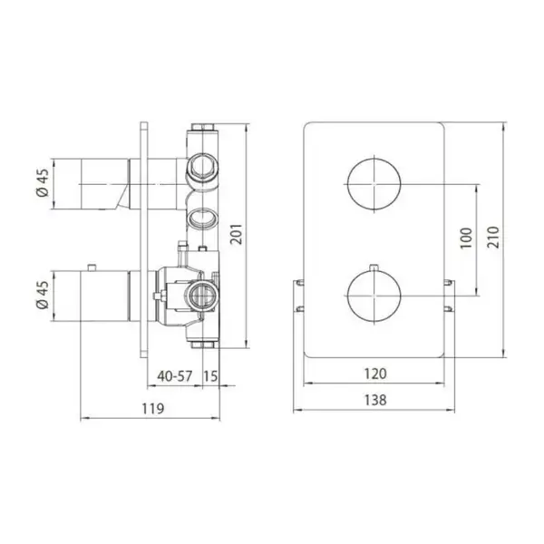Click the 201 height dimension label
coord(237,234)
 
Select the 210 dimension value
coord(493,237)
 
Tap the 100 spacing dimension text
coord(466,238)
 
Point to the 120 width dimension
coord(375,374)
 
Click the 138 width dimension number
coord(375,400)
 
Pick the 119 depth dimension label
coord(152,409)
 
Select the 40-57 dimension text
coord(174,375)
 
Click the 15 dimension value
coord(210,375)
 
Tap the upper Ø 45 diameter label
coord(44,183)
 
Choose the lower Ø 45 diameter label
coord(44,296)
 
